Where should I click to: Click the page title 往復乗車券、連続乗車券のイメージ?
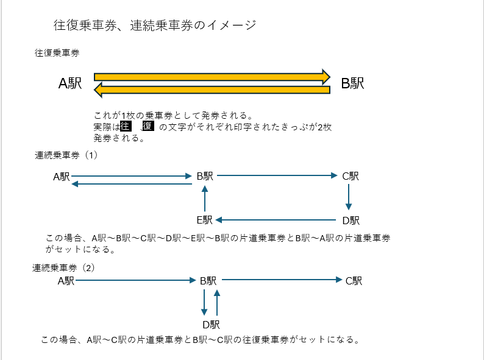[154, 26]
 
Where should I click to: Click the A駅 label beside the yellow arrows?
[70, 83]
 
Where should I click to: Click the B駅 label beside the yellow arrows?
[352, 83]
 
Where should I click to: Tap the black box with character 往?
[126, 126]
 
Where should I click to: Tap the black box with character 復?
[148, 126]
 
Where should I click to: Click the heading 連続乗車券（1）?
[66, 155]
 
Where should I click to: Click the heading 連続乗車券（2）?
[64, 267]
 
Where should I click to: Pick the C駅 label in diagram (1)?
[351, 176]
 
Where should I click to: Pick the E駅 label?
[204, 220]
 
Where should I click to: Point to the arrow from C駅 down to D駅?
[348, 197]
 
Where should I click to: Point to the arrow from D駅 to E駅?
[277, 219]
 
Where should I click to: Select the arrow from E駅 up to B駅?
[205, 199]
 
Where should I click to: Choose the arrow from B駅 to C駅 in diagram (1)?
[277, 175]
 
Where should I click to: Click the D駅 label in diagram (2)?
[211, 325]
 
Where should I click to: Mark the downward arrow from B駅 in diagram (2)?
[204, 302]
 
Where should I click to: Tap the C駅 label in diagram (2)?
[354, 281]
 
